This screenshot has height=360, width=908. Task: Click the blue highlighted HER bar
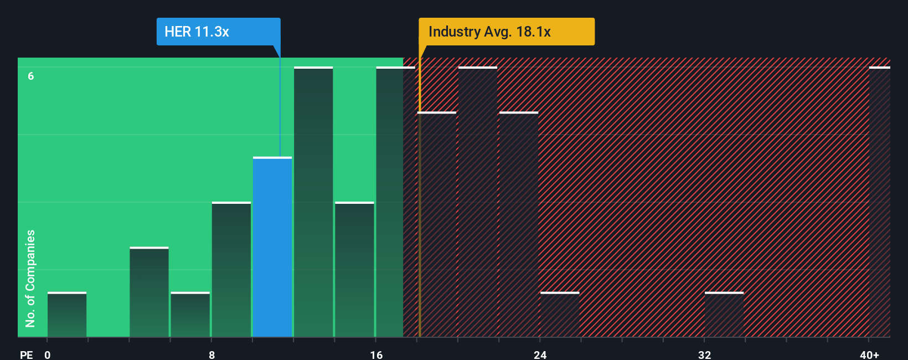point(272,248)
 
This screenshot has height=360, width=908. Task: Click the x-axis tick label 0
point(48,354)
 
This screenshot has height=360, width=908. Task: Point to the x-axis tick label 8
point(211,354)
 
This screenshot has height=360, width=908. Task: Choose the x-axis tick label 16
point(376,354)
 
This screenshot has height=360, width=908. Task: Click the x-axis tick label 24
point(540,354)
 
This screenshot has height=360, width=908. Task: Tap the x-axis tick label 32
point(704,354)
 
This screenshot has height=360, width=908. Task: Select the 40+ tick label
point(869,354)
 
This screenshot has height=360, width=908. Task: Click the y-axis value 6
point(31,76)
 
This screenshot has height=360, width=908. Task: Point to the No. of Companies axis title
point(30,278)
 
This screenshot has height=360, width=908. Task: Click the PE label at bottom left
point(26,354)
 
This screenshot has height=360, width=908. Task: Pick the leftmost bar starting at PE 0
point(67,315)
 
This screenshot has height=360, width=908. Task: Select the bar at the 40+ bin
point(879,202)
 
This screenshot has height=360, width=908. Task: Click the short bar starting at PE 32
point(724,315)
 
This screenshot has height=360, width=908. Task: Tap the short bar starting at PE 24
point(560,315)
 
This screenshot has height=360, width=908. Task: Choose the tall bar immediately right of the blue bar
point(313,202)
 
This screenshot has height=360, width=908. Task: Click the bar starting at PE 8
point(231,270)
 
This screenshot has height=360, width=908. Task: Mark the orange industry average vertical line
point(420,222)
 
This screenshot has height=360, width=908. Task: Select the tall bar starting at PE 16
point(390,202)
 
